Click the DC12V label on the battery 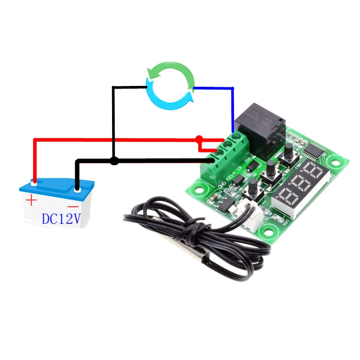click(61, 219)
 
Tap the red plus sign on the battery click(31, 201)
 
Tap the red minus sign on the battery click(75, 205)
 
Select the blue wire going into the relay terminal click(233, 108)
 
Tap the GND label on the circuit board click(221, 184)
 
